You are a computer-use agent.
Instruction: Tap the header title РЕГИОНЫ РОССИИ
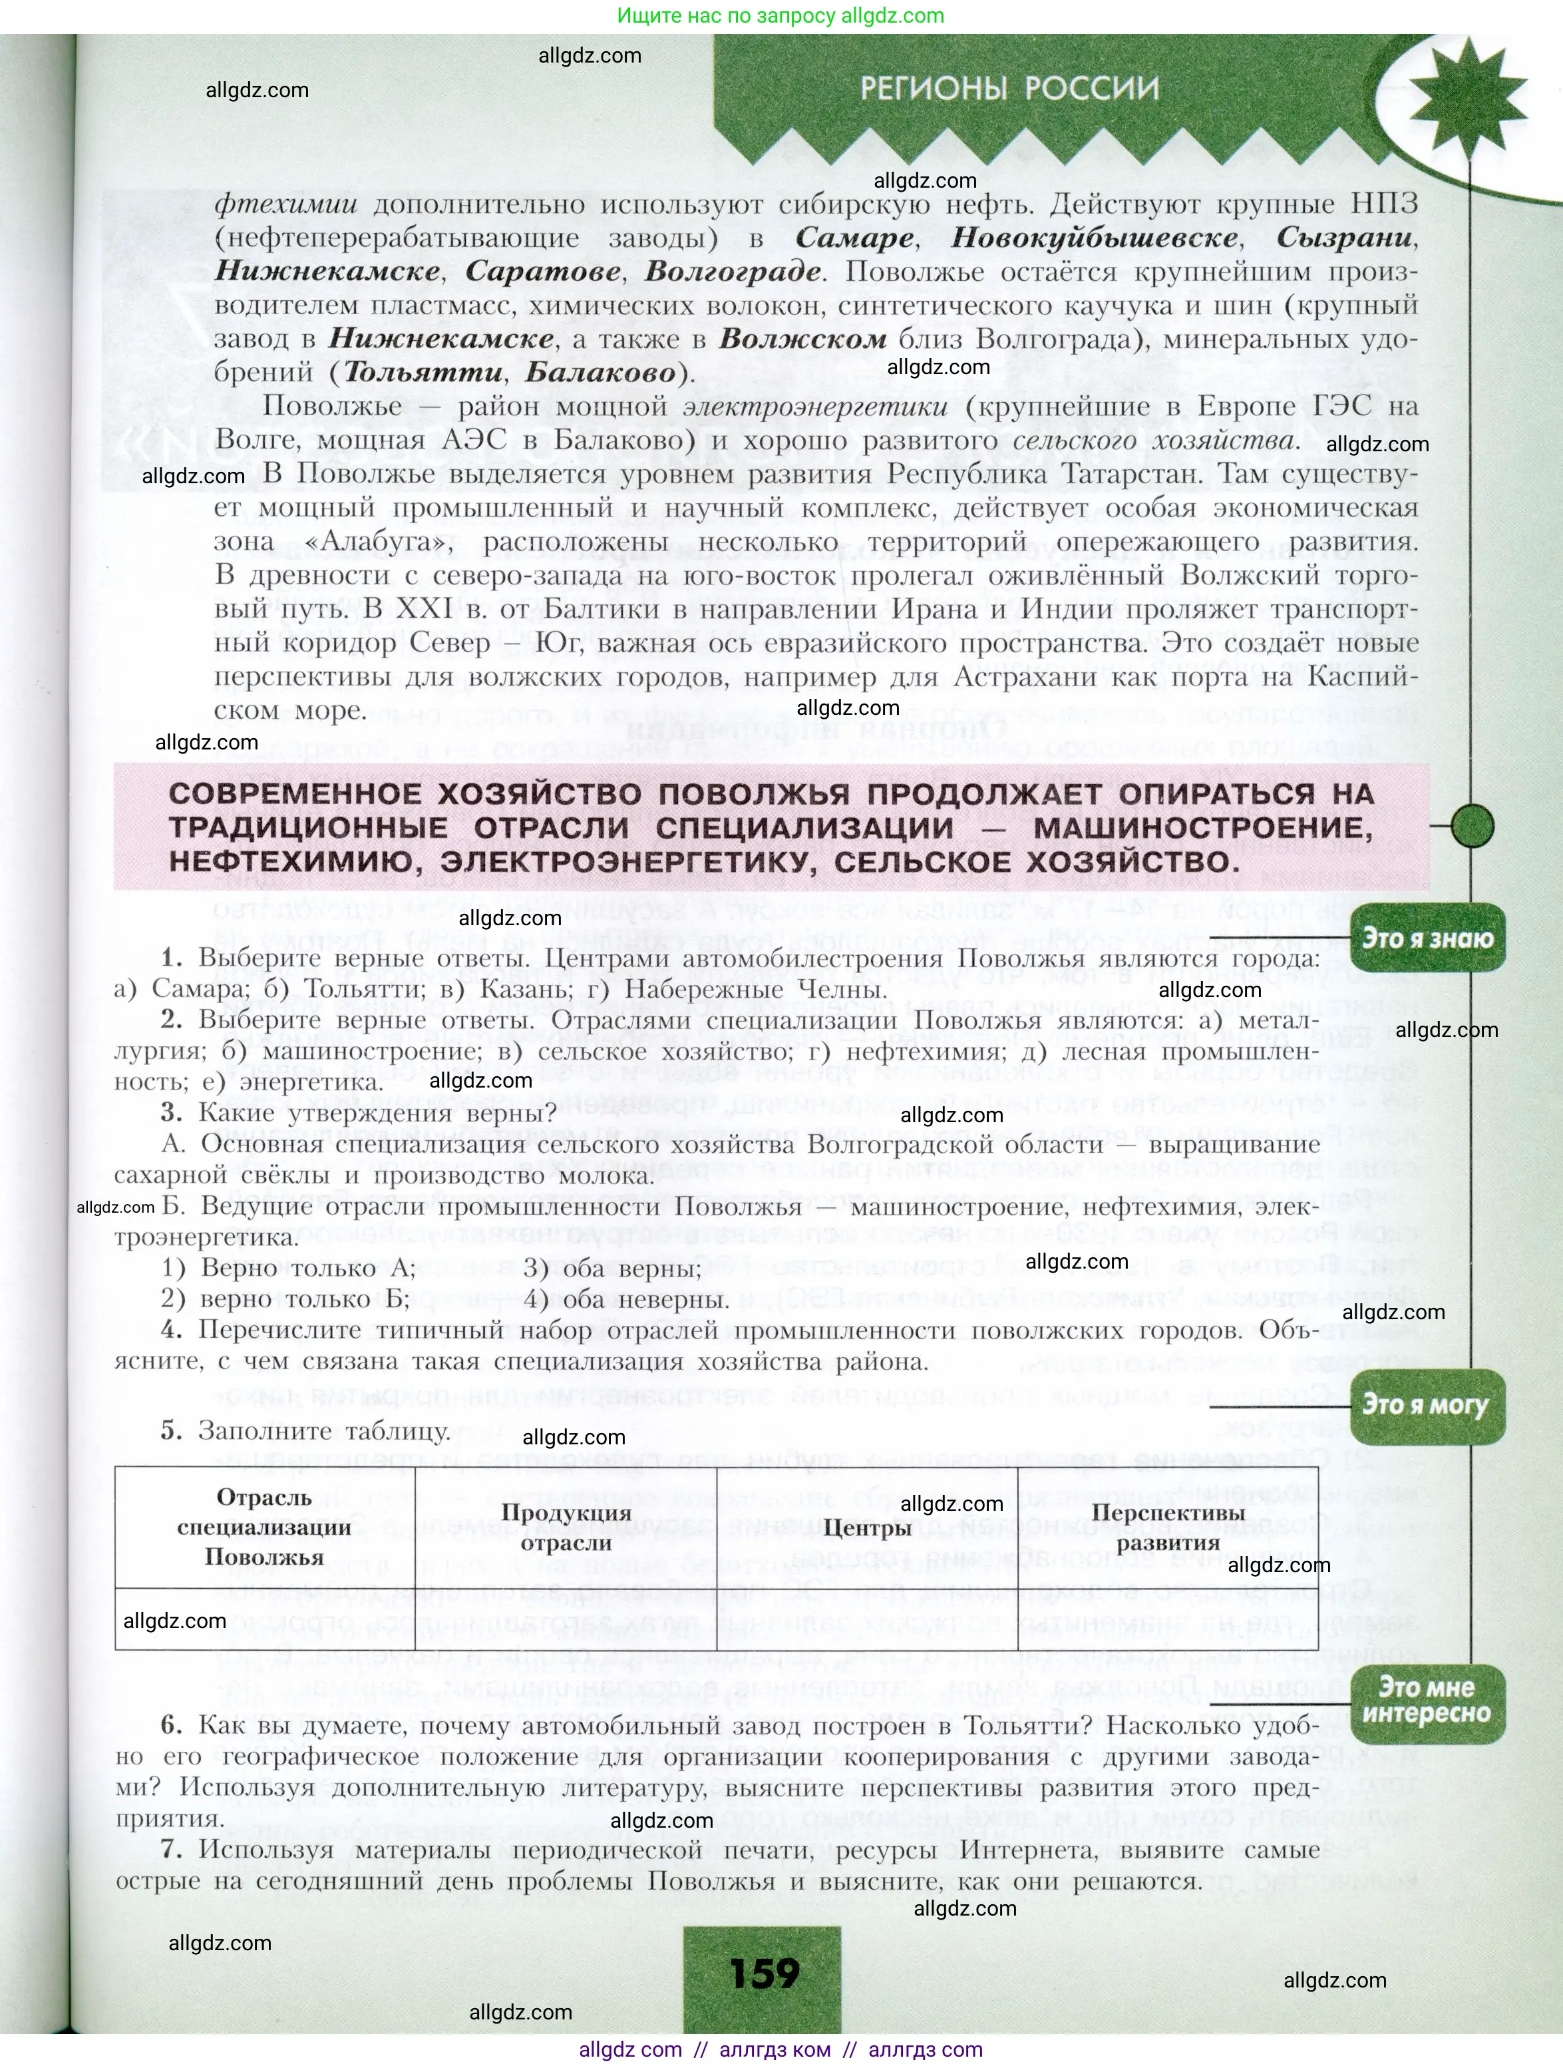click(1009, 89)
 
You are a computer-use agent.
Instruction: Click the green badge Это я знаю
click(1427, 938)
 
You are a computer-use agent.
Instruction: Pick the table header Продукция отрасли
click(566, 1528)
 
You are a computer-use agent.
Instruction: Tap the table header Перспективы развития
click(1168, 1528)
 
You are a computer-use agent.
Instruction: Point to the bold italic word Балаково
click(600, 372)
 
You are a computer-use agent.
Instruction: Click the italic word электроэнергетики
click(814, 407)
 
